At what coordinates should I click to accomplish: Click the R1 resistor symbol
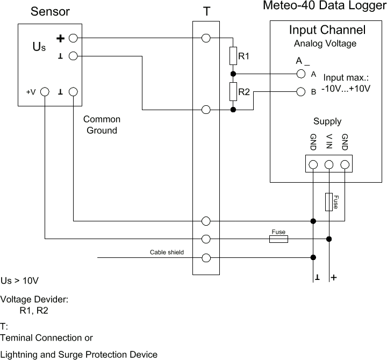point(233,56)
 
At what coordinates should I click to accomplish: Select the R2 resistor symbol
point(233,92)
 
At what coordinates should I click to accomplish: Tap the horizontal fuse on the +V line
point(278,239)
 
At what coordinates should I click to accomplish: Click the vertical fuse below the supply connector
point(329,202)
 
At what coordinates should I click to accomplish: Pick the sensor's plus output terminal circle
point(74,38)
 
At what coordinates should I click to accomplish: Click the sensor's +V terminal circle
point(45,92)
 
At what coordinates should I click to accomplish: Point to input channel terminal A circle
point(301,74)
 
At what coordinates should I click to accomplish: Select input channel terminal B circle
point(301,91)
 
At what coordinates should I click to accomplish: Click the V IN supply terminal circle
point(329,164)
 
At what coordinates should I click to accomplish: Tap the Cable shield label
point(167,252)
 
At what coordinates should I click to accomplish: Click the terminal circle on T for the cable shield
point(206,257)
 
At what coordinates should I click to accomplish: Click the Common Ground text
point(102,125)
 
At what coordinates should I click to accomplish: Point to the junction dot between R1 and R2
point(233,74)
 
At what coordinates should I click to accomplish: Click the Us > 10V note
point(20,281)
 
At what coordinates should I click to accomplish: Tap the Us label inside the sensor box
point(39,47)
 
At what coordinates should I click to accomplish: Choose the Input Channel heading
point(327,30)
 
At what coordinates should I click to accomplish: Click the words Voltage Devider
point(34,299)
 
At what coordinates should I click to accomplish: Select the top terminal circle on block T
point(206,38)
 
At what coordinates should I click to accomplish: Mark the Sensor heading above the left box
point(51,11)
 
